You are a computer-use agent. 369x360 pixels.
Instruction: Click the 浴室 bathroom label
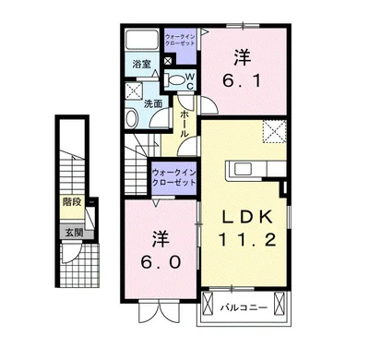(x=141, y=65)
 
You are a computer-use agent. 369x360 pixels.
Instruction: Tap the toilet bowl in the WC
(x=174, y=80)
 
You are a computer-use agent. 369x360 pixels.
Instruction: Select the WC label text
(x=190, y=81)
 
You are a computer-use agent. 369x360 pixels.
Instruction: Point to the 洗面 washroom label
(x=153, y=103)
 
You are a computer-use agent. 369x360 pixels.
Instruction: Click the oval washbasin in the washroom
(x=132, y=118)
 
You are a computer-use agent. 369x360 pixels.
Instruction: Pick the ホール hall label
(x=184, y=124)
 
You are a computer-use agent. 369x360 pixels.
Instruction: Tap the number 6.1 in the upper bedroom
(x=243, y=69)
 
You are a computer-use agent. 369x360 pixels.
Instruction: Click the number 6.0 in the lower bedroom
(x=161, y=250)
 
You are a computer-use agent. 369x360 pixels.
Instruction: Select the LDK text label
(x=247, y=217)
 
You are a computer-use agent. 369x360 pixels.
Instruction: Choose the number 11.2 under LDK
(x=247, y=239)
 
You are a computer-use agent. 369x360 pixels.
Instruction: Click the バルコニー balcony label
(x=244, y=307)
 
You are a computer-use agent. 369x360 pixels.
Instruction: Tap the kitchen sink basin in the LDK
(x=244, y=169)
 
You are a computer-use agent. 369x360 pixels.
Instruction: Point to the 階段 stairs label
(x=72, y=202)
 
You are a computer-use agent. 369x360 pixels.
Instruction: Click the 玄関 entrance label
(x=74, y=233)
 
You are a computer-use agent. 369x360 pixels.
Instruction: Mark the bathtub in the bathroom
(x=142, y=40)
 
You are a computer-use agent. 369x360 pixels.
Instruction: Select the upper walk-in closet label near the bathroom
(x=181, y=41)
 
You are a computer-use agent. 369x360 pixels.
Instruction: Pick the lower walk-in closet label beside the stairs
(x=174, y=177)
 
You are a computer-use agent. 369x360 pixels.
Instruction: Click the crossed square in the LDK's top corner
(x=274, y=131)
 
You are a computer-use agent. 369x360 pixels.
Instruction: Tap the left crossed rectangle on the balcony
(x=208, y=303)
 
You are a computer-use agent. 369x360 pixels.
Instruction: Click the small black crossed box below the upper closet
(x=168, y=61)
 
